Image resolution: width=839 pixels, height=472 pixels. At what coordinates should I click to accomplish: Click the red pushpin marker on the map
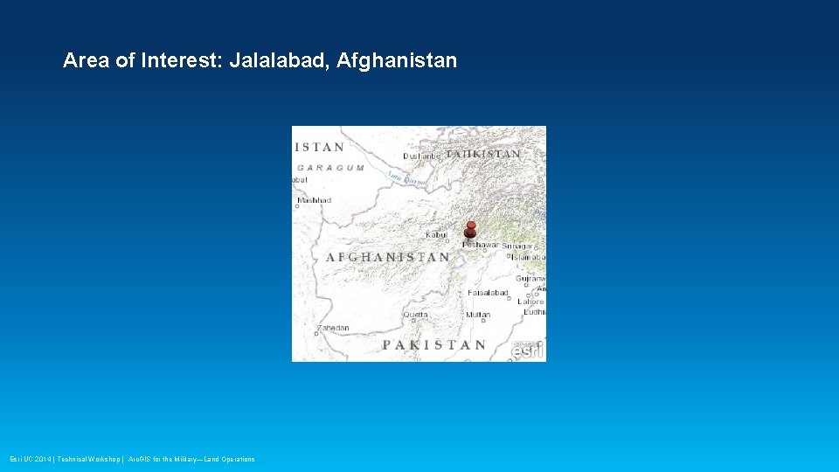click(470, 230)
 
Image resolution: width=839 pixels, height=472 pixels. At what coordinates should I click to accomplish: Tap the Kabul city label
click(436, 234)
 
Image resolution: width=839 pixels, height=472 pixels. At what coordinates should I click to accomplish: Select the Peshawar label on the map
click(480, 245)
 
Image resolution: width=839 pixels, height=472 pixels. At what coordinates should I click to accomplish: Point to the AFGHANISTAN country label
click(388, 258)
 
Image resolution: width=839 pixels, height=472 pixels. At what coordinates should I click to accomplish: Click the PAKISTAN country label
click(433, 344)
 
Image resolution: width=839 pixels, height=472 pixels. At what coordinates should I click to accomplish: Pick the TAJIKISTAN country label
click(482, 154)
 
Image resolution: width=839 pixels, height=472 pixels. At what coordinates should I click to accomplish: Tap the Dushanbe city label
click(421, 156)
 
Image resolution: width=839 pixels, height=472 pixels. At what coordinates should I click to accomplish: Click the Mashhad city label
click(314, 200)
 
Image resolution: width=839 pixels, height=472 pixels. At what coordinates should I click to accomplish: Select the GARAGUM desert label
click(330, 168)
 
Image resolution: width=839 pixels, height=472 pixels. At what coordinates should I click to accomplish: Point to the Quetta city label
click(415, 315)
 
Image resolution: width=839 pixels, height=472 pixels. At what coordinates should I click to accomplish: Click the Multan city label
click(478, 315)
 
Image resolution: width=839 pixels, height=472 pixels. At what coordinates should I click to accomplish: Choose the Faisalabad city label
click(488, 293)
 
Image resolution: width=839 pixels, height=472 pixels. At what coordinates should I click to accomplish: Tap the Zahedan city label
click(333, 329)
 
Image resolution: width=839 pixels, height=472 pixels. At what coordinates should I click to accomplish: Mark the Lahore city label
click(530, 302)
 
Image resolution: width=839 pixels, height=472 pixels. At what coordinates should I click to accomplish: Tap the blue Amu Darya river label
click(407, 177)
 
